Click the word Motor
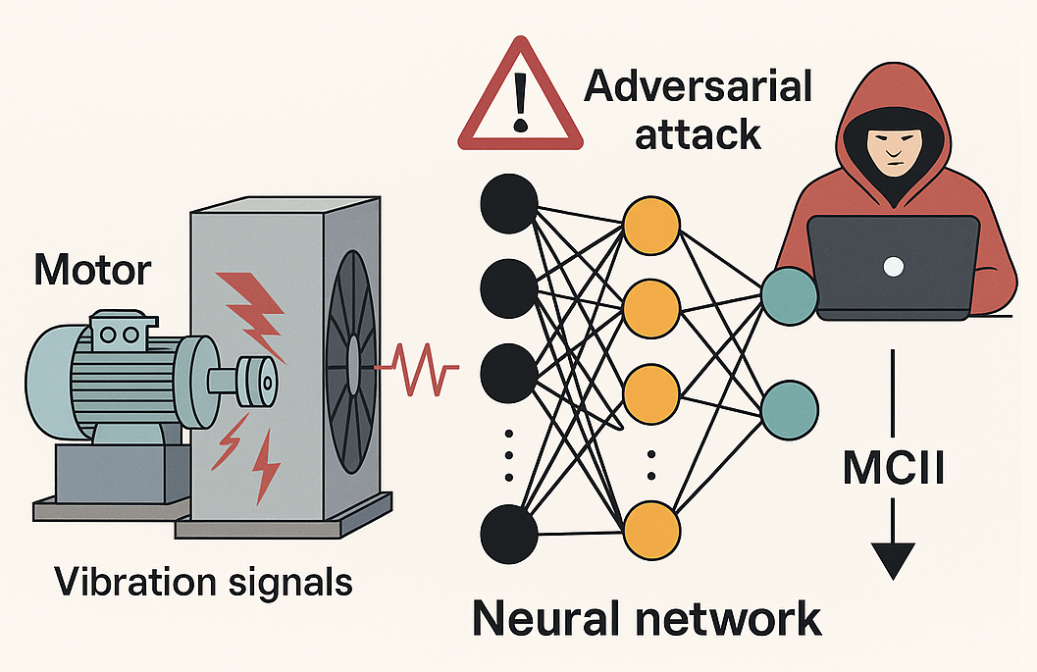[x=92, y=270]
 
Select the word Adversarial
[x=698, y=87]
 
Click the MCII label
[x=892, y=469]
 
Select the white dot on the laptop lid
[x=893, y=265]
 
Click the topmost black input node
[x=509, y=202]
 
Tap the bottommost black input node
[x=509, y=536]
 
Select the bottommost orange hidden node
[x=651, y=530]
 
